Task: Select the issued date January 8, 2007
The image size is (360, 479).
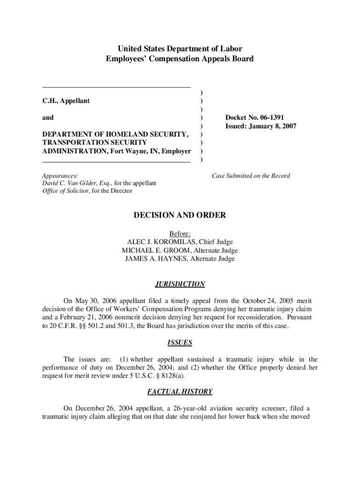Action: coord(272,126)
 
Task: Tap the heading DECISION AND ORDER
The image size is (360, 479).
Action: coord(180,215)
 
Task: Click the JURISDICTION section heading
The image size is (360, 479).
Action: coord(180,284)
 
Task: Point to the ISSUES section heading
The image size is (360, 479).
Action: coord(180,343)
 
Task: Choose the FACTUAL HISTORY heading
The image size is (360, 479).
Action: coord(180,392)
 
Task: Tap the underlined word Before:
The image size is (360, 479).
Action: coord(180,233)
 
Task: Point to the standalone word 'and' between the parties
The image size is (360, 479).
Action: coord(48,117)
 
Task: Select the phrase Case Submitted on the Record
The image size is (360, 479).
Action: coord(251,176)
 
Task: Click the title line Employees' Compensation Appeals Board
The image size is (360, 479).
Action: coord(180,59)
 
